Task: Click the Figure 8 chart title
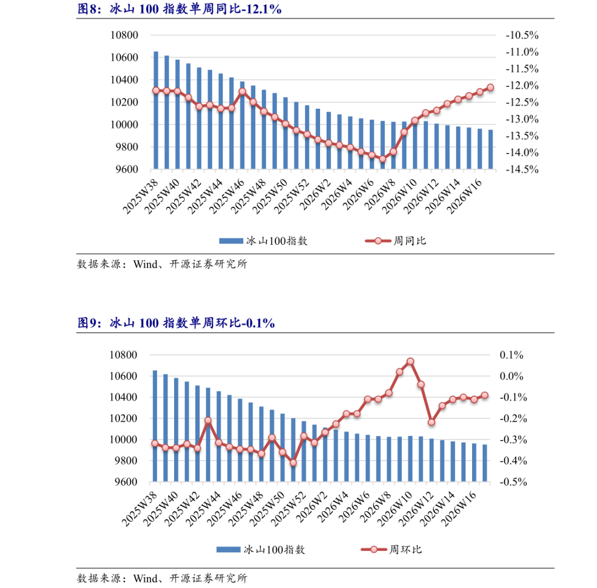[x=179, y=10]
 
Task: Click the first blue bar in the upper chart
[x=156, y=110]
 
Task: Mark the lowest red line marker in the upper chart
[x=383, y=159]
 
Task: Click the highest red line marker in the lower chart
[x=410, y=361]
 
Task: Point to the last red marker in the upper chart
[x=490, y=87]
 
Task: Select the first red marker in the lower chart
[x=155, y=443]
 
